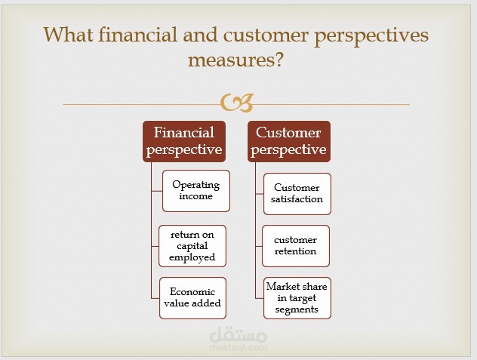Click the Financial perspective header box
pyautogui.click(x=184, y=141)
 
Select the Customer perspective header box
pyautogui.click(x=289, y=141)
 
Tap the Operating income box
pyautogui.click(x=196, y=191)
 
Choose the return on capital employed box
pyautogui.click(x=192, y=246)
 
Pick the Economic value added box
pyautogui.click(x=192, y=298)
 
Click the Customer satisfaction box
pyautogui.click(x=297, y=194)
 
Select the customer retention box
pyautogui.click(x=295, y=246)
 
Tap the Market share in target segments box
pyautogui.click(x=297, y=298)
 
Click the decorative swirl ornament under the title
pyautogui.click(x=237, y=103)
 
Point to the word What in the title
pyautogui.click(x=68, y=35)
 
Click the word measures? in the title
pyautogui.click(x=235, y=60)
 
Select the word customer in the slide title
pyautogui.click(x=266, y=35)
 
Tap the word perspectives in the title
pyautogui.click(x=371, y=36)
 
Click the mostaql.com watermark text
pyautogui.click(x=238, y=347)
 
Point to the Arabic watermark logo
pyautogui.click(x=238, y=334)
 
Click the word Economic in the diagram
pyautogui.click(x=192, y=292)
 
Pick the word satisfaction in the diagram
pyautogui.click(x=297, y=199)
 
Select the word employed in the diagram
pyautogui.click(x=192, y=258)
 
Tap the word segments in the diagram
pyautogui.click(x=297, y=309)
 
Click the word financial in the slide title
pyautogui.click(x=138, y=35)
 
